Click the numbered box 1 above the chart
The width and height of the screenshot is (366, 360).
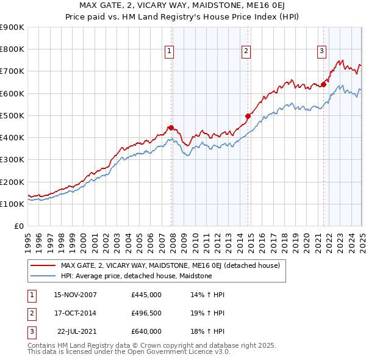[x=169, y=52]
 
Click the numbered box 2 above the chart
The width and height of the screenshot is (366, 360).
[x=246, y=52]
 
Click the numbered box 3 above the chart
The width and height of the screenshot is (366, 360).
[x=321, y=52]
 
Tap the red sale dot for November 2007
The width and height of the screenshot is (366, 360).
[x=171, y=128]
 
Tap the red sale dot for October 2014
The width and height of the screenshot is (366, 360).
[x=248, y=116]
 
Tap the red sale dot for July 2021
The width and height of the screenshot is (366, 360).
[x=323, y=84]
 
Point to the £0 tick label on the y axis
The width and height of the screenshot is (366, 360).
[x=19, y=226]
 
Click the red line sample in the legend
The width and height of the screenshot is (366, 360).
[x=43, y=265]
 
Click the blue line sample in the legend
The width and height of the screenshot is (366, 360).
[x=43, y=276]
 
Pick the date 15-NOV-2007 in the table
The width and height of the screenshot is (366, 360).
[x=75, y=295]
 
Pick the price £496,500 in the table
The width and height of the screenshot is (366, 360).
[x=146, y=313]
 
